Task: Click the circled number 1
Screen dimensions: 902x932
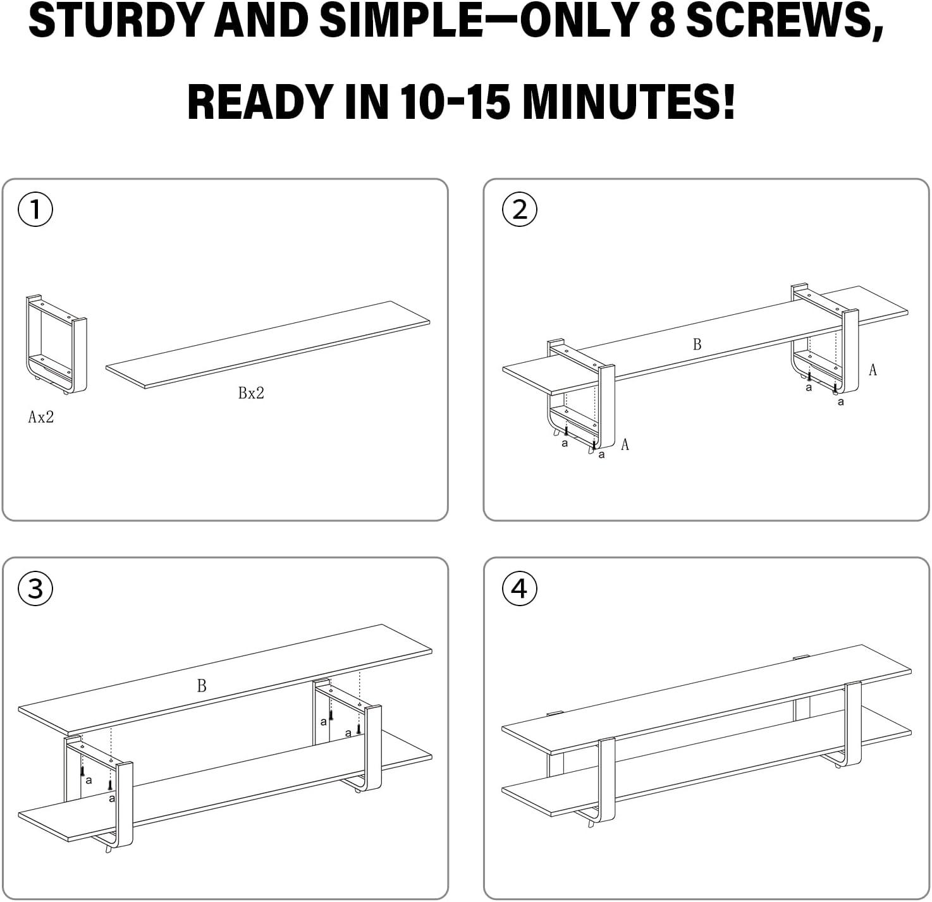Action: tap(35, 209)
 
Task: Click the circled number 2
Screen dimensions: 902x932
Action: tap(519, 209)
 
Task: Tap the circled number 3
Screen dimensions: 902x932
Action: tap(35, 588)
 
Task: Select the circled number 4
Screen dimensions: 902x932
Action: tap(519, 588)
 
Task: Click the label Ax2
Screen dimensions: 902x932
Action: tap(41, 417)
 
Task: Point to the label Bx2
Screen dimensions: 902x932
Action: tap(251, 393)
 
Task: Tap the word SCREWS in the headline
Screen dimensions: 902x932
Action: tap(783, 20)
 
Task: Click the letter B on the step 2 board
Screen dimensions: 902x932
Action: tap(697, 344)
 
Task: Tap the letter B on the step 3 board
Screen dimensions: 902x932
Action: tap(202, 686)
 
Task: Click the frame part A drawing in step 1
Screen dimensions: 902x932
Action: tap(56, 344)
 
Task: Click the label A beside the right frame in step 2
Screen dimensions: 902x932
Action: tap(873, 370)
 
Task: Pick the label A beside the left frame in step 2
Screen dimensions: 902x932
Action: tap(625, 445)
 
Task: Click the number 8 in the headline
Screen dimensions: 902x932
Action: tap(663, 20)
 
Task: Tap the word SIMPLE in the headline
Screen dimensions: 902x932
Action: tap(400, 20)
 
